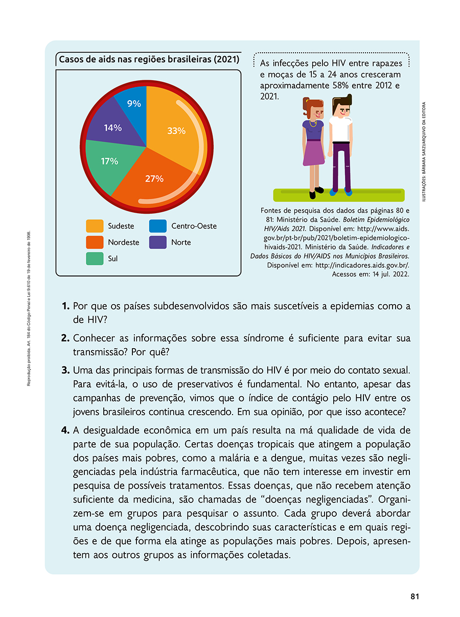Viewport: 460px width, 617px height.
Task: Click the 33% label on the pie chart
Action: tap(176, 131)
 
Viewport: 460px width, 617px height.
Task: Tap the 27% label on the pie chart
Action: tap(154, 179)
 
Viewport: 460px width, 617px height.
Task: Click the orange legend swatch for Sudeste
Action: tap(95, 226)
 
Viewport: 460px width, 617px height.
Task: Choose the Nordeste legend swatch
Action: tap(95, 242)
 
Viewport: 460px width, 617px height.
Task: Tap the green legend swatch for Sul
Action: tap(95, 259)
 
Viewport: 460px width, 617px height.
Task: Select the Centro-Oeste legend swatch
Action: tap(158, 226)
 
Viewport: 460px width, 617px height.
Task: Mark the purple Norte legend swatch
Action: tap(158, 242)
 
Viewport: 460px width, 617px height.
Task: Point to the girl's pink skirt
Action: tap(314, 152)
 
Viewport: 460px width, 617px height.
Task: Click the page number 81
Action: tap(415, 596)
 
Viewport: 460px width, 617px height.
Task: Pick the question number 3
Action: tap(65, 370)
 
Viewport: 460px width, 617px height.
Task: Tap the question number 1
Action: tap(65, 307)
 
